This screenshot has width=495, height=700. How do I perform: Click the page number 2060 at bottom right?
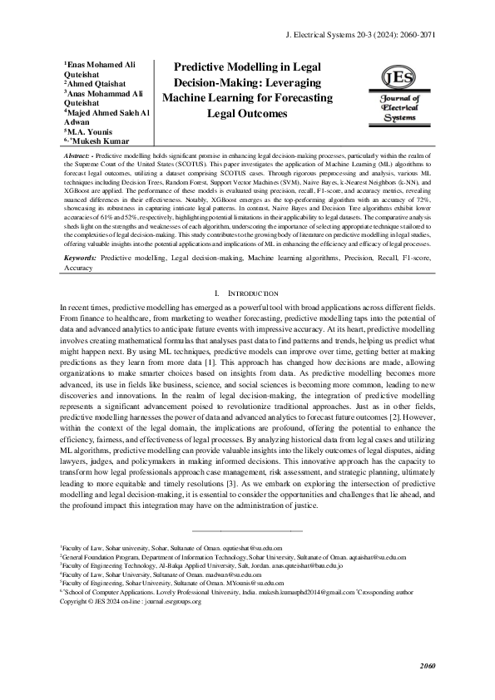coord(427,666)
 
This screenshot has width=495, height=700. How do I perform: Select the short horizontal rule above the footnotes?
coord(247,530)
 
